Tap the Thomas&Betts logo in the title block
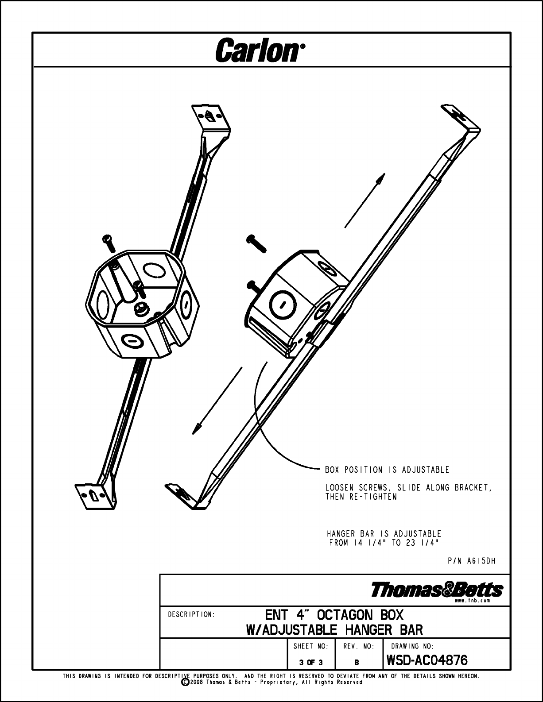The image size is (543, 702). (437, 590)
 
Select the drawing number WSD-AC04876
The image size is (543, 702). (427, 660)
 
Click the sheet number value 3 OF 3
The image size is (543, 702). (311, 663)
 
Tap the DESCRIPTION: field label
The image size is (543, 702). (191, 614)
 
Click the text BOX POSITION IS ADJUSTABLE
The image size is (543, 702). (387, 470)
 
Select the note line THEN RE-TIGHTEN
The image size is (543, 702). (361, 497)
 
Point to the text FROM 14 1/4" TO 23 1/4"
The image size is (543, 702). (384, 543)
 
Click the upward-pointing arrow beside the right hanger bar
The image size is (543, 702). (365, 200)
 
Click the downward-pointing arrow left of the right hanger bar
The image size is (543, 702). (217, 401)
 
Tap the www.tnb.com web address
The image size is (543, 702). (473, 601)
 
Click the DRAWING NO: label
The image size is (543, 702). (412, 646)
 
